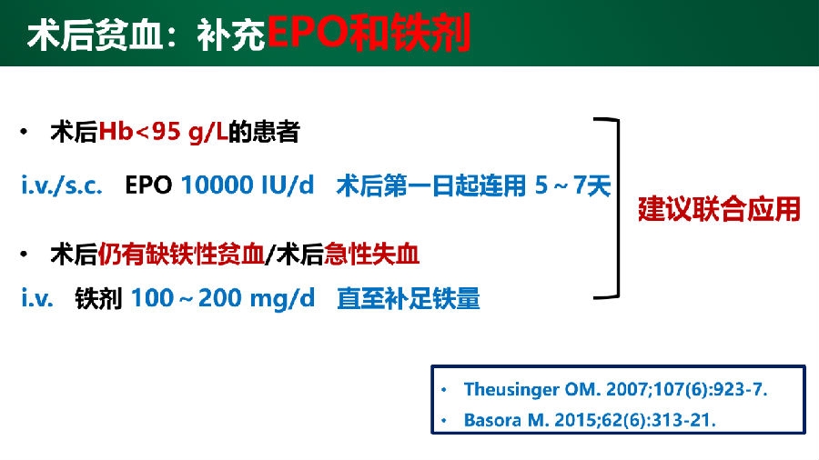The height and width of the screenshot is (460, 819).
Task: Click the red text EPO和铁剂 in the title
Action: (369, 33)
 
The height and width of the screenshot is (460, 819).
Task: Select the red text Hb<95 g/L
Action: (164, 132)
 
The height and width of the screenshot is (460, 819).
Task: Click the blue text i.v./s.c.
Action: (62, 185)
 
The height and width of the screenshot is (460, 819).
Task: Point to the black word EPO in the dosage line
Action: (148, 185)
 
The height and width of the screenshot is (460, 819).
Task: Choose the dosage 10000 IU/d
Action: (247, 185)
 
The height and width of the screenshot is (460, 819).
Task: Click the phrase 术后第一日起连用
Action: (431, 185)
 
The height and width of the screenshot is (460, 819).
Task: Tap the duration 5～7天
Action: (572, 185)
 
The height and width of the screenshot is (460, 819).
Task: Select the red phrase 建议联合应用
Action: (719, 209)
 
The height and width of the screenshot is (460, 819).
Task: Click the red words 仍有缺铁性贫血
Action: (181, 255)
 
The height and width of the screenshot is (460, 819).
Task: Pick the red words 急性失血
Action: (372, 255)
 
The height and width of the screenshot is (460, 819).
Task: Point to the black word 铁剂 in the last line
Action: (98, 299)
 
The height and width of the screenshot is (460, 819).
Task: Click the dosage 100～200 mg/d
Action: (223, 299)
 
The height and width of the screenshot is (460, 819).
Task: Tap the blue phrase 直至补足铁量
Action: (409, 299)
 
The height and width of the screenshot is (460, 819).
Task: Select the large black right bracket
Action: (619, 208)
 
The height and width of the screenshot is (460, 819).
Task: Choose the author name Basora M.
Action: (506, 420)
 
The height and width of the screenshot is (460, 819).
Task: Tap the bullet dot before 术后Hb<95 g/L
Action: (24, 132)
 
